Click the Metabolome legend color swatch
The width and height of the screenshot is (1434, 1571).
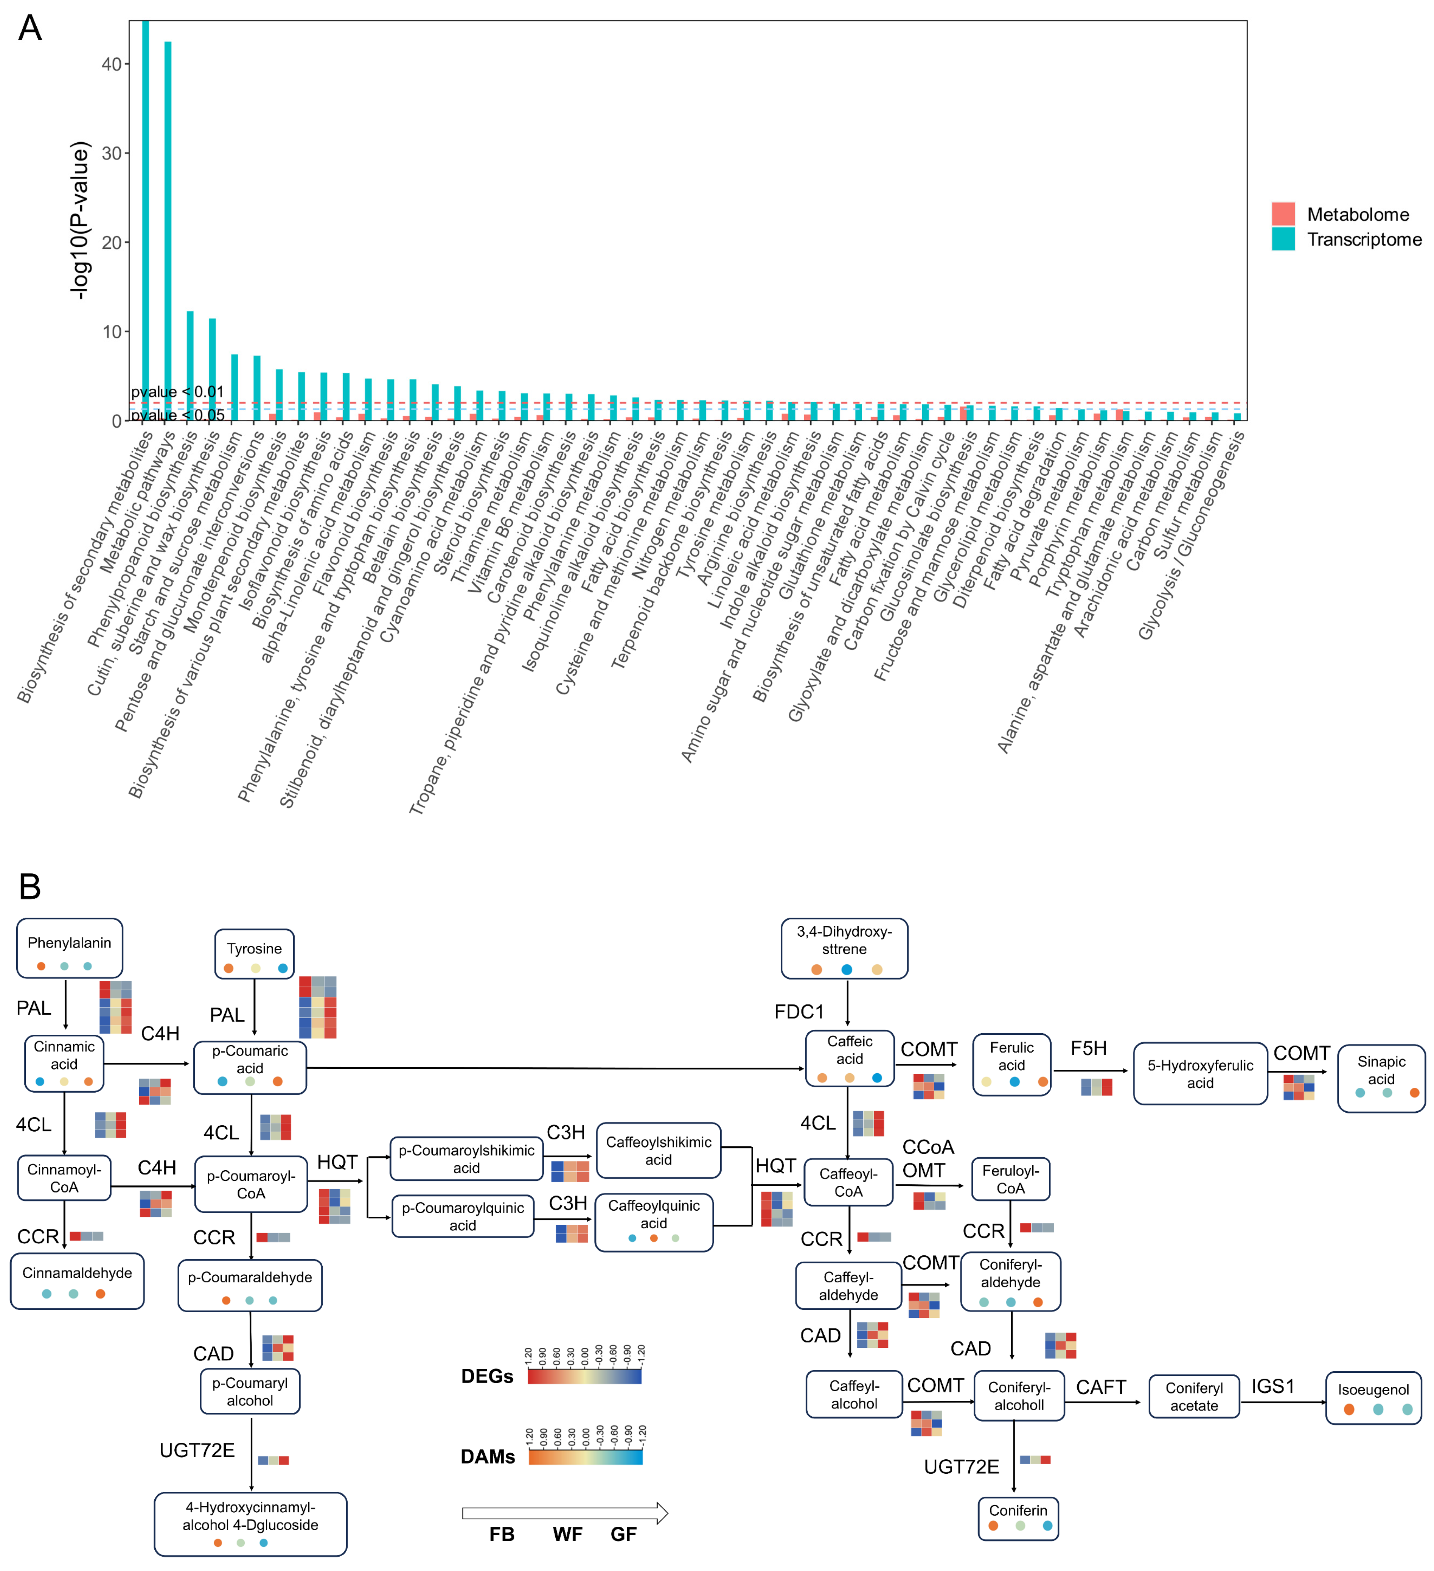tap(1283, 213)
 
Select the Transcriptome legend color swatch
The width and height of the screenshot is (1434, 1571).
tap(1283, 238)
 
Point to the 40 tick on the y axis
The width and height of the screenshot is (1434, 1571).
tap(111, 65)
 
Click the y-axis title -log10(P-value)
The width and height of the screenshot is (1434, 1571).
tap(79, 221)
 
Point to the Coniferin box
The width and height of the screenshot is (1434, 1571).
tap(1018, 1518)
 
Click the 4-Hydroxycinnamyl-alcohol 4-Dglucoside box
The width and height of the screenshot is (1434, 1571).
tap(250, 1523)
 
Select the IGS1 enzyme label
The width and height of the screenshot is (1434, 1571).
tap(1273, 1386)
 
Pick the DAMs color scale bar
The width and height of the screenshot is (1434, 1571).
tap(585, 1456)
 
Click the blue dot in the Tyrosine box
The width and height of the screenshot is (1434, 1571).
tap(283, 968)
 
